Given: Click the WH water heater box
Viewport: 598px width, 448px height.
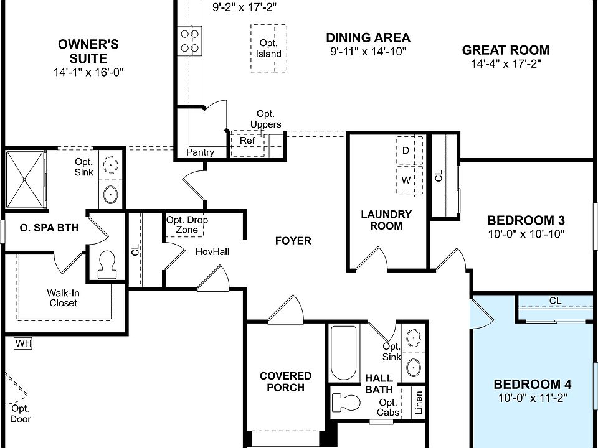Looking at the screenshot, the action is pos(23,343).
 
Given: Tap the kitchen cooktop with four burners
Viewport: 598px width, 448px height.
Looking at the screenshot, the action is pos(189,41).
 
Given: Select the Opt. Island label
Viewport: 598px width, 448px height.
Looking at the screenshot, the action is pos(268,49).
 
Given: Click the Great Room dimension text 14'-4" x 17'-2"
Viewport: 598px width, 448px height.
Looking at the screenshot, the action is pos(506,63).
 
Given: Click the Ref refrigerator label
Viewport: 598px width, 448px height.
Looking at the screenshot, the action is pos(247,141).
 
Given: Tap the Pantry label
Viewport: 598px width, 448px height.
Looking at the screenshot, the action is pos(200,152).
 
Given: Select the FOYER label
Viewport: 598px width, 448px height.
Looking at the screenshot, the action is pos(293,241).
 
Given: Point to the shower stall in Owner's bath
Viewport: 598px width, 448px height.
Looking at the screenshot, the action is pos(25,179).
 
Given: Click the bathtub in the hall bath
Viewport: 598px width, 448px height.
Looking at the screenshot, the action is pos(343,353).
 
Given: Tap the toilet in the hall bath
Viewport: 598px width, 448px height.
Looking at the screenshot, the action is pos(346,403).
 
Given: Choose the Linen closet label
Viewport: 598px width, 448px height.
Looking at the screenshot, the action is pos(419,403).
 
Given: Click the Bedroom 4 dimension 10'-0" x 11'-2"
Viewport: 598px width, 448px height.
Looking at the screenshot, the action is pos(533,398).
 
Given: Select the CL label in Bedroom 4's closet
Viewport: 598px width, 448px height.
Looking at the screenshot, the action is pos(555,301).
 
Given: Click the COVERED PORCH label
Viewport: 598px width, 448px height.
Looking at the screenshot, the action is pos(285,381).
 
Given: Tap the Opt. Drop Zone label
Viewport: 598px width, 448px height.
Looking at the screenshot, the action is pos(187,225).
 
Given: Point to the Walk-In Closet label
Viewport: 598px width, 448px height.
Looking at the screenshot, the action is pos(64,298).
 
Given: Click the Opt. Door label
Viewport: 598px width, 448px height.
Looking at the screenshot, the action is pos(20,414).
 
